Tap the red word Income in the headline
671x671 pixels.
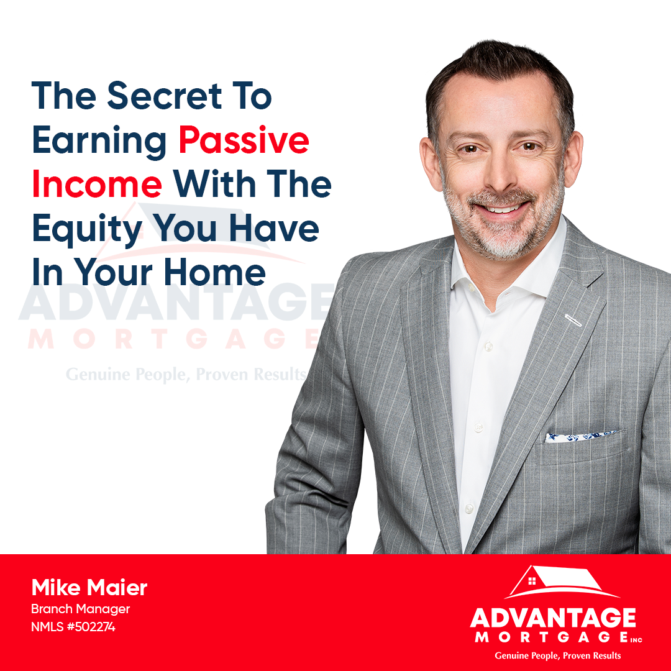click(x=97, y=185)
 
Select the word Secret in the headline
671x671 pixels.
click(x=165, y=96)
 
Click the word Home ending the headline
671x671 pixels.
click(x=215, y=273)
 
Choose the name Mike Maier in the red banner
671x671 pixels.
click(x=89, y=587)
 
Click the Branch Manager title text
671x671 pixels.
click(x=80, y=609)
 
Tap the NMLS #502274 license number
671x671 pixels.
click(x=73, y=627)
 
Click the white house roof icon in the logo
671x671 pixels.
click(x=562, y=582)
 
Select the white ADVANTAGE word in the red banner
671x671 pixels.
click(x=553, y=618)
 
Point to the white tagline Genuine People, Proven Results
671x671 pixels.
click(x=557, y=655)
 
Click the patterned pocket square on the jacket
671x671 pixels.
click(x=581, y=437)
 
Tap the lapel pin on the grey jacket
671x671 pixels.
click(x=573, y=320)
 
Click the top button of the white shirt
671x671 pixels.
click(x=488, y=346)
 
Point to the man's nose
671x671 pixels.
click(x=501, y=175)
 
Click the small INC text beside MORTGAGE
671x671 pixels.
click(x=636, y=640)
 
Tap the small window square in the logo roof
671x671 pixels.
click(x=532, y=581)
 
